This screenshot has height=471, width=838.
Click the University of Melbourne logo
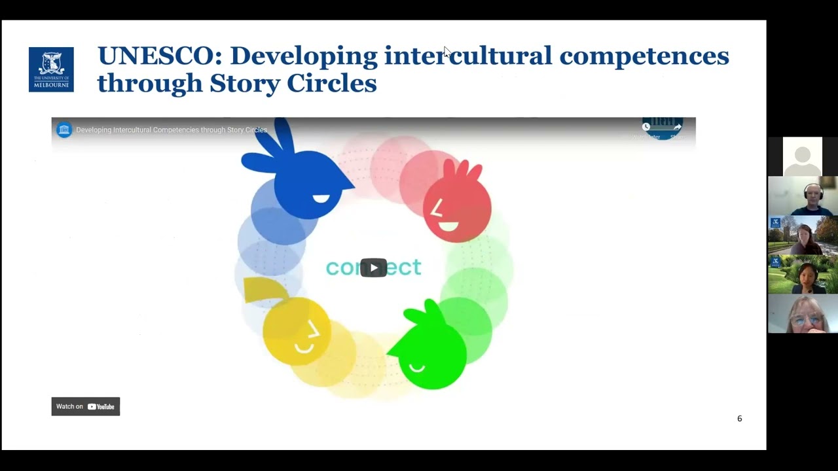pyautogui.click(x=51, y=69)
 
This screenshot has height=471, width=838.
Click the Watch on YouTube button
pyautogui.click(x=86, y=406)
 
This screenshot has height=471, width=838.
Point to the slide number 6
pyautogui.click(x=740, y=419)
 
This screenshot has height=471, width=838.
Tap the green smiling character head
pyautogui.click(x=431, y=353)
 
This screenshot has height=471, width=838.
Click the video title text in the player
pyautogui.click(x=172, y=130)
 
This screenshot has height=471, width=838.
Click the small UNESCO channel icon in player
pyautogui.click(x=64, y=130)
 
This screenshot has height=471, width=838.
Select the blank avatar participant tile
pyautogui.click(x=802, y=156)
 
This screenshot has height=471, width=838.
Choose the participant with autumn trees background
pyautogui.click(x=803, y=235)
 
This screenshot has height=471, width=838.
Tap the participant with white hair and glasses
pyautogui.click(x=803, y=315)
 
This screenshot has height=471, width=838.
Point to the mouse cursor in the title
pyautogui.click(x=446, y=52)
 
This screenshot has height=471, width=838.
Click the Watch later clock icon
pyautogui.click(x=646, y=127)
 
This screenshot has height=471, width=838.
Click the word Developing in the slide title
pyautogui.click(x=304, y=56)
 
